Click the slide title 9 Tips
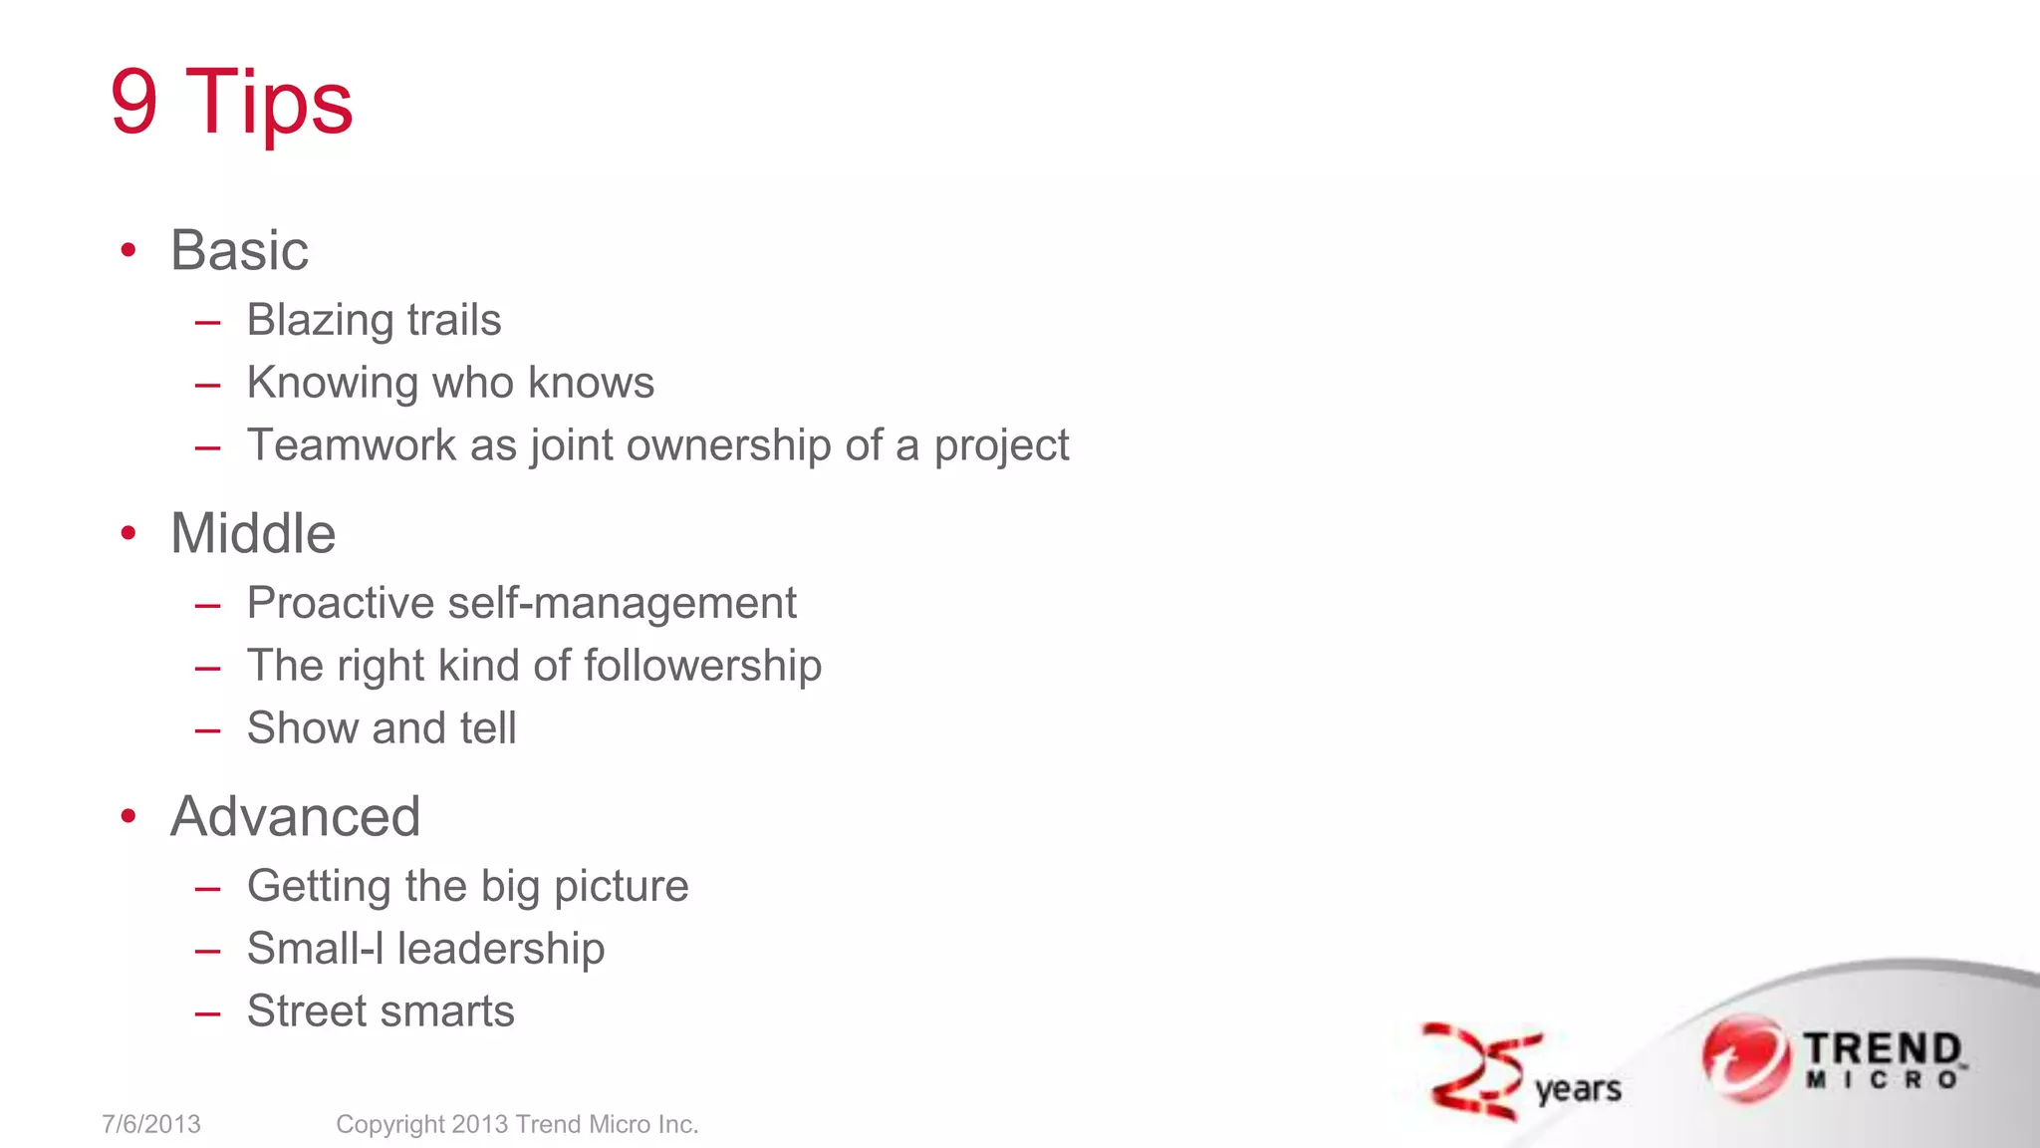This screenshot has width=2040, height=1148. coord(231,102)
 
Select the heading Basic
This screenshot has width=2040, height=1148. coord(239,250)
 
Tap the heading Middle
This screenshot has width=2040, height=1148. coord(253,533)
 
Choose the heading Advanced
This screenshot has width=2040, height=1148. coord(295,816)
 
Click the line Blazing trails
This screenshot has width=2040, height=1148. coord(374,321)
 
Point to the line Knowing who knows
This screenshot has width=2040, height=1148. coord(450,384)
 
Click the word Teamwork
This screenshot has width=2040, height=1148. coord(352,445)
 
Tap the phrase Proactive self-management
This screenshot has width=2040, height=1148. coord(521,604)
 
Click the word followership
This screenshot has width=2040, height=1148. coord(702,666)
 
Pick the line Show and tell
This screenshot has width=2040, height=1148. coord(382,728)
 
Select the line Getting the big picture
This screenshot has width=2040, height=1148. coord(467,887)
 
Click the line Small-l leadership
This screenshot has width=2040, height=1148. coord(425,949)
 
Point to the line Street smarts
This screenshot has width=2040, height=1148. coord(381,1011)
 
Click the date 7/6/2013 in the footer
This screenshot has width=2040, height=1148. coord(151,1124)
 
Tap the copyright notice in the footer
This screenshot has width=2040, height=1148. coord(517,1124)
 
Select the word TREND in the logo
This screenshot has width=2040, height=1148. coord(1882,1048)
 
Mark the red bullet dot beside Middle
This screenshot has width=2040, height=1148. coord(127,533)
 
